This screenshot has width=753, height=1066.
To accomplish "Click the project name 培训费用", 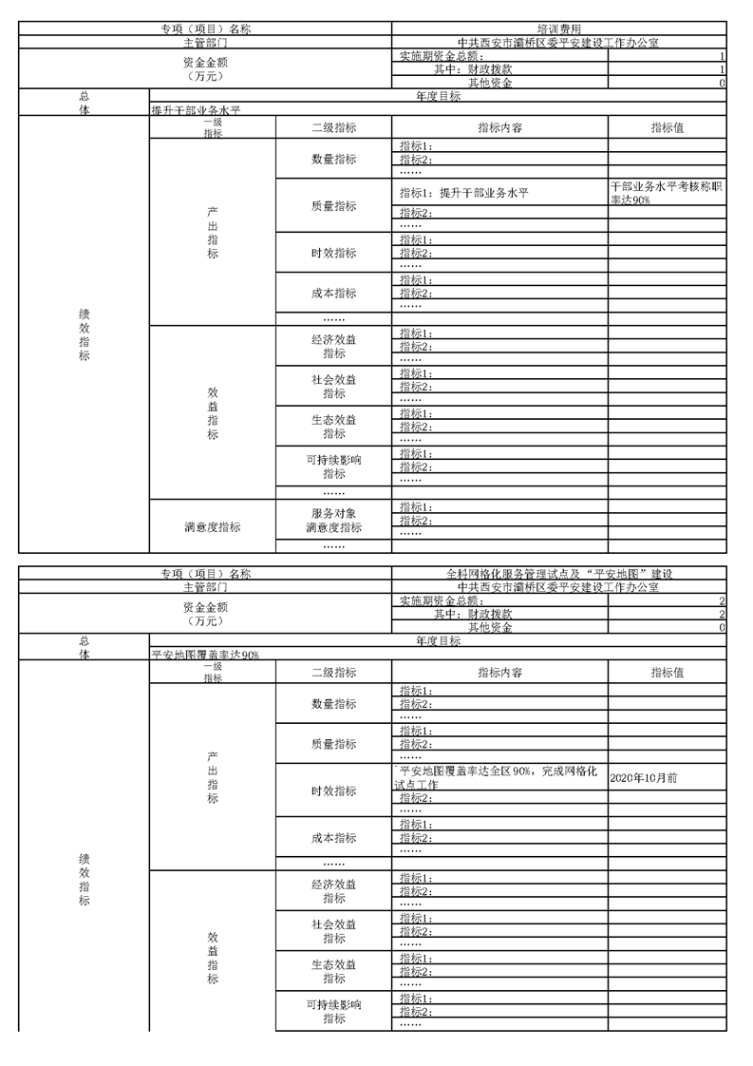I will point(558,29).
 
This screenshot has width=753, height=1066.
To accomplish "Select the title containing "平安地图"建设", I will point(558,574).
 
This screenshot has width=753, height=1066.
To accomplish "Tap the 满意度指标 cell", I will point(212,527).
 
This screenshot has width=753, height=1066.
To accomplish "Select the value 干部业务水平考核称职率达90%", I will point(667,193).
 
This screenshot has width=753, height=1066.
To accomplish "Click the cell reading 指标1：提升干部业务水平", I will point(463,193).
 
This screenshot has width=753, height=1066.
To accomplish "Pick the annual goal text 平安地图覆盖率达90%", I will point(205,655).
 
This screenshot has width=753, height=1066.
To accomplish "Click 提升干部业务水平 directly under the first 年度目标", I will point(196,110).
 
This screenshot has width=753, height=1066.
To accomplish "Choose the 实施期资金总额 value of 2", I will point(722,601).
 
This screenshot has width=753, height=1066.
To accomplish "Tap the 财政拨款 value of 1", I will point(722,69).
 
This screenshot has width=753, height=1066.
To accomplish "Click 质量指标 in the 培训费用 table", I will point(333,205).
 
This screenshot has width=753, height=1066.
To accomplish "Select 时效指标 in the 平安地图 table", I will point(333,791).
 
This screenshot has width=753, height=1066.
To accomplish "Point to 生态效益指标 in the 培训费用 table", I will point(333,427).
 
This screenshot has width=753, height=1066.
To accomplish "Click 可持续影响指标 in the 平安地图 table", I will point(333,1011).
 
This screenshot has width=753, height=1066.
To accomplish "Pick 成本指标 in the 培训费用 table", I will point(333,293).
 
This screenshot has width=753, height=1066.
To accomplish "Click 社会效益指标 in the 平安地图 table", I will point(333,931).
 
